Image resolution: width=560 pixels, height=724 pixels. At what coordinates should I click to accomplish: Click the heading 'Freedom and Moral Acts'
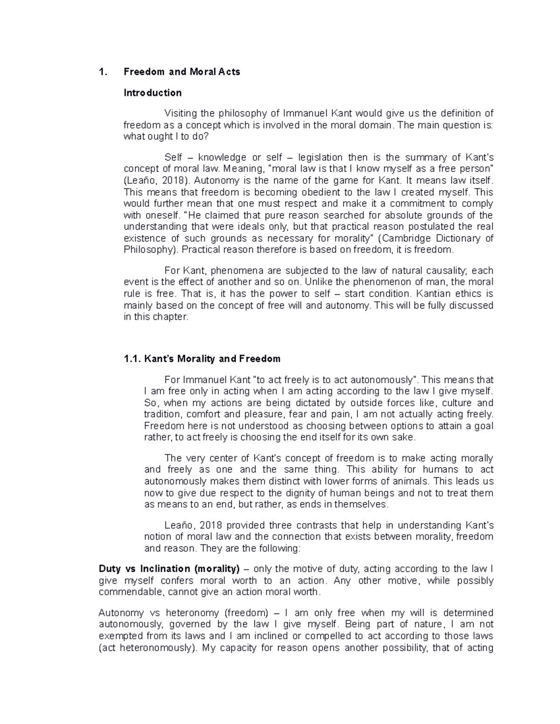[x=182, y=72]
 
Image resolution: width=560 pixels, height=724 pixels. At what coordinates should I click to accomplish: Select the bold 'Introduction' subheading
[x=152, y=93]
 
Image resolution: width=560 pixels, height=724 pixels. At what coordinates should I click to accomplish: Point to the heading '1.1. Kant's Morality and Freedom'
[x=202, y=359]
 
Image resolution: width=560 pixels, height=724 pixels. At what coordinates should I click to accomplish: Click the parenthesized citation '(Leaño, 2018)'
[x=152, y=181]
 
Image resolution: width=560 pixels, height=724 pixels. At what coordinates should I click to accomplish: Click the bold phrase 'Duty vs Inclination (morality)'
[x=169, y=569]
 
